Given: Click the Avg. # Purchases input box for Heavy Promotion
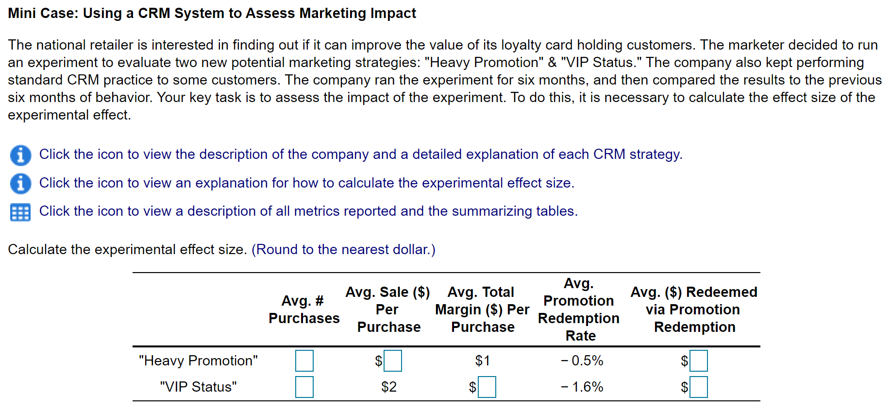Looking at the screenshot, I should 304,361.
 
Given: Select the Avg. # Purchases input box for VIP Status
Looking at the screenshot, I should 304,387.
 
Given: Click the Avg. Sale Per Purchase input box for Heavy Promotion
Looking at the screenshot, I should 392,361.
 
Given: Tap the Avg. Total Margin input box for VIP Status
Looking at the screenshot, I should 487,387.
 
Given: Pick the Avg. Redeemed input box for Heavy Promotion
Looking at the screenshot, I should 698,361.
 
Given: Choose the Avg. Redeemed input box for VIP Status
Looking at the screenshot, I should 698,387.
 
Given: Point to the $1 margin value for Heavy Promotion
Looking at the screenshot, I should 483,361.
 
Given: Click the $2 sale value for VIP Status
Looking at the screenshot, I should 389,387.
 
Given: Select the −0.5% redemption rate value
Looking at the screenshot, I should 582,361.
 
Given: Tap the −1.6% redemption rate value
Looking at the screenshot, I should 582,387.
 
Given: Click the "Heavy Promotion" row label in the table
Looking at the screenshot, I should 198,361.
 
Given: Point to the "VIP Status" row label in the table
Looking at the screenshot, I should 198,387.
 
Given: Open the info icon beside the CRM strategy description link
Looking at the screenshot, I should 20,155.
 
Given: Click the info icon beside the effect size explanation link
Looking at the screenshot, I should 20,183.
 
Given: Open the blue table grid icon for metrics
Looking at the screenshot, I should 20,212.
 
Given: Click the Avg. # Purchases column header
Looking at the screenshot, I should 304,310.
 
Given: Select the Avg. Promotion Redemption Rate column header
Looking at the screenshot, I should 579,310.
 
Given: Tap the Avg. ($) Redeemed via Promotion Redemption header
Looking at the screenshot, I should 694,310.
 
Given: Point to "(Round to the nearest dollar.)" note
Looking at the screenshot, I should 343,249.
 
